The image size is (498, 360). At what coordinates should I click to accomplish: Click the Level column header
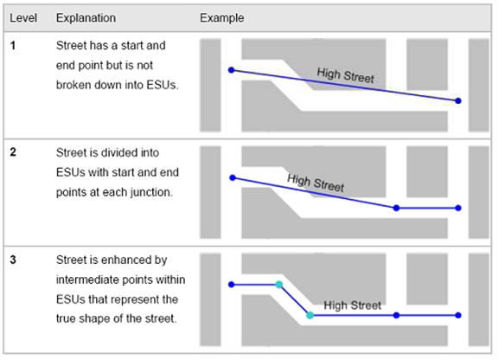coord(23,18)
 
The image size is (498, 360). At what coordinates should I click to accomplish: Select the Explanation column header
coord(86,18)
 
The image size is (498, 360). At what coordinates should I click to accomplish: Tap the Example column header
coord(221,18)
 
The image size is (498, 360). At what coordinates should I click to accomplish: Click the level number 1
coord(13,46)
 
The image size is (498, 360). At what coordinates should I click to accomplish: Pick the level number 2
coord(13,152)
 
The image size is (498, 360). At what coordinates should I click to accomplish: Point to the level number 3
coord(13,260)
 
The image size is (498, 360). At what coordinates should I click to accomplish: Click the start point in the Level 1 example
coord(232,70)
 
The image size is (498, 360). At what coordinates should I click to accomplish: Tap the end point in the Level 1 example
coord(458,100)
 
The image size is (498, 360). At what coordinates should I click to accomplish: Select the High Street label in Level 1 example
coord(346,75)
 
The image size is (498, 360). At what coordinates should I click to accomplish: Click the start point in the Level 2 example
coord(233,177)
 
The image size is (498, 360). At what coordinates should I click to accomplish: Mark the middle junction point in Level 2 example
coord(396,208)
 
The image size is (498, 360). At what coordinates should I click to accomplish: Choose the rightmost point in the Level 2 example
coord(458,208)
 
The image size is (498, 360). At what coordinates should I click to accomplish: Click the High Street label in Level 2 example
coord(316,183)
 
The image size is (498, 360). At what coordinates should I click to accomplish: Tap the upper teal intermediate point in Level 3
coord(279,285)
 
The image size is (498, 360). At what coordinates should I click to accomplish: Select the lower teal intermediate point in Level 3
coord(310,315)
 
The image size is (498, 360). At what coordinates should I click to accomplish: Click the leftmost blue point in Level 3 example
coord(232,285)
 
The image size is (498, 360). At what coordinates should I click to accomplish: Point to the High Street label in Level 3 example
coord(353,305)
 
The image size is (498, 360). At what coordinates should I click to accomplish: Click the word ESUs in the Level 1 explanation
coord(162,85)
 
